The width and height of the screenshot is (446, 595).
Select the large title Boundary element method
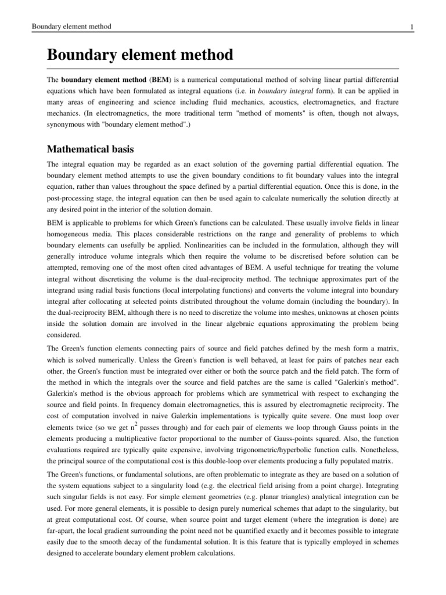[x=139, y=55]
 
